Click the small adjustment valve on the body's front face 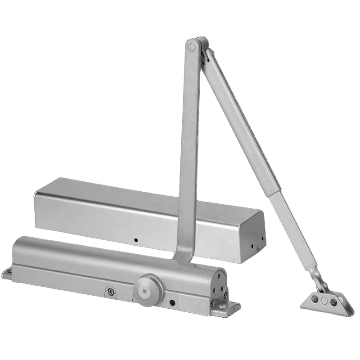pyautogui.click(x=109, y=292)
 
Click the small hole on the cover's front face pyautogui.click(x=135, y=240)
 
